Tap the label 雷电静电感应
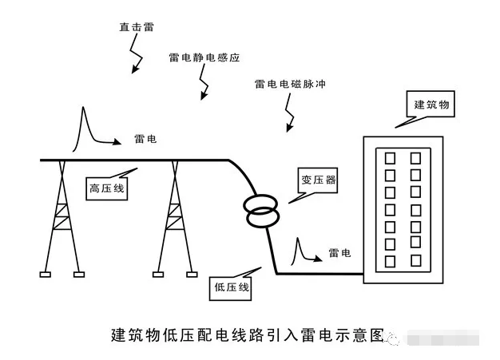coord(204,58)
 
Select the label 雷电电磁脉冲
coord(290,84)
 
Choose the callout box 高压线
coord(105,188)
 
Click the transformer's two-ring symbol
coord(261,211)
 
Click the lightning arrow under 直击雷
coord(137,57)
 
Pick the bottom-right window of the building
coord(415,260)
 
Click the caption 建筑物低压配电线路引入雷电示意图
coord(247,334)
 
